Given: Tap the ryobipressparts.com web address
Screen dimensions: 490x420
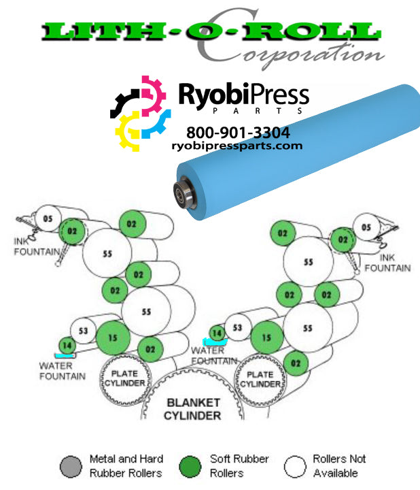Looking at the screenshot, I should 237,146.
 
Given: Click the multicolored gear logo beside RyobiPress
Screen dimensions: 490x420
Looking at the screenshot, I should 140,112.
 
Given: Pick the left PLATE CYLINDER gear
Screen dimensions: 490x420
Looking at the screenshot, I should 124,378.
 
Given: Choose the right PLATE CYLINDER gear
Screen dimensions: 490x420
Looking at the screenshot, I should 260,378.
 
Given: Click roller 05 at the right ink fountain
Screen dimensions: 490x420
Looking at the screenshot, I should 366,227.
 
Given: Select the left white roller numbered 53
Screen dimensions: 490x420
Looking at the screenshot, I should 84,331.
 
